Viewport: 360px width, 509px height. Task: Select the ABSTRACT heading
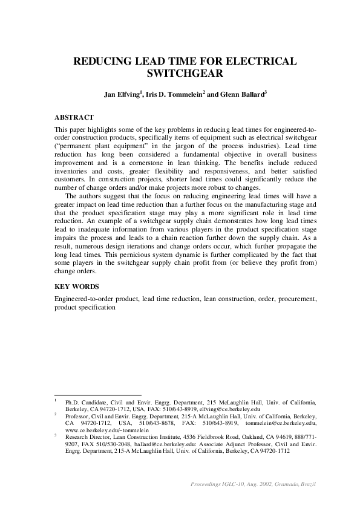(x=74, y=117)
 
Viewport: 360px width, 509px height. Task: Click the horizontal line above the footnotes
(x=97, y=394)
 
